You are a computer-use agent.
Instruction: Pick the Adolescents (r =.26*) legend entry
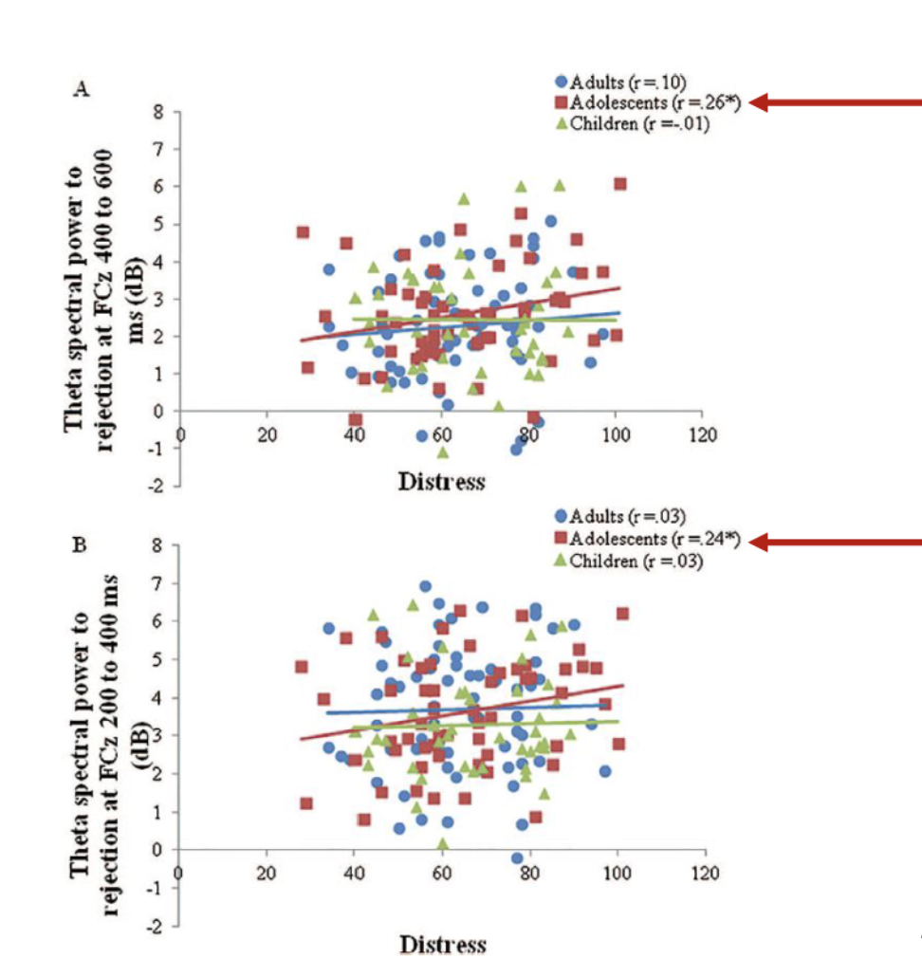point(651,101)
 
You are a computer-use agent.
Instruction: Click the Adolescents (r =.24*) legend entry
point(651,540)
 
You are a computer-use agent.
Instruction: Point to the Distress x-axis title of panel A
point(441,481)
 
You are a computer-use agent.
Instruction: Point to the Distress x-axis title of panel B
point(442,944)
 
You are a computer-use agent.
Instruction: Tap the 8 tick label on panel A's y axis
point(161,112)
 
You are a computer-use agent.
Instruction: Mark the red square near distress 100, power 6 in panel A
point(619,184)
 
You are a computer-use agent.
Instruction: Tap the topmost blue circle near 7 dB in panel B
point(425,587)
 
